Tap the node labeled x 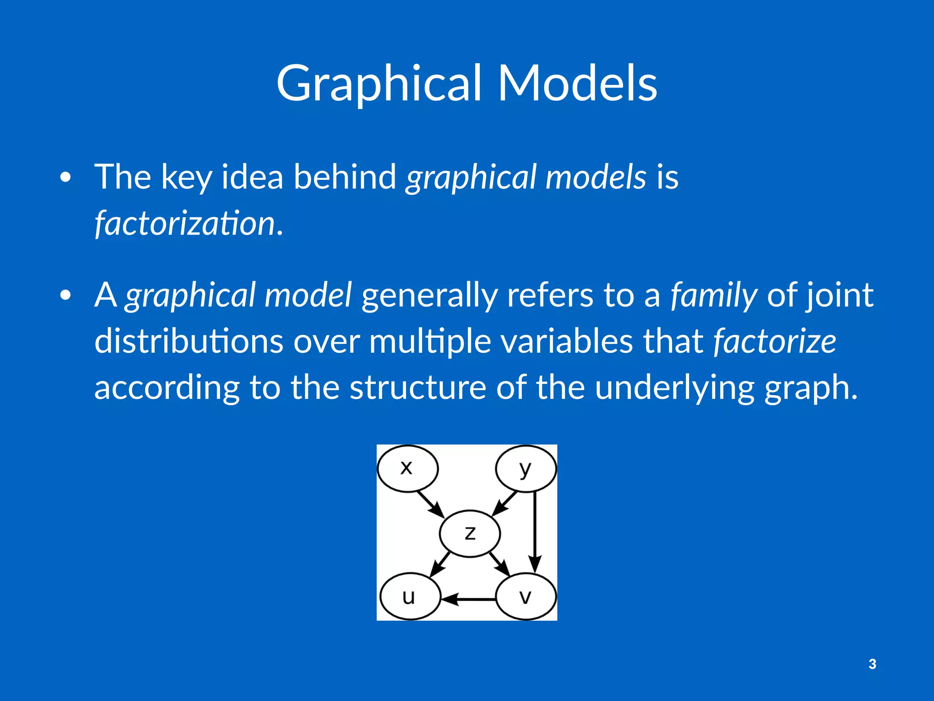click(x=407, y=468)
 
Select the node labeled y click(x=526, y=468)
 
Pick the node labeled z click(x=470, y=533)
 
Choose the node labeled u click(x=410, y=597)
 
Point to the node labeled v click(x=526, y=597)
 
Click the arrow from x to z click(x=430, y=503)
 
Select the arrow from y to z click(x=505, y=503)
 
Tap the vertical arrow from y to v click(x=535, y=529)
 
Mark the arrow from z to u click(x=440, y=564)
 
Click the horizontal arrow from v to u click(x=469, y=599)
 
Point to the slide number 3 click(x=872, y=664)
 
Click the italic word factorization click(x=185, y=224)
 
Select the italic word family click(x=714, y=296)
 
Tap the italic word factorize click(x=774, y=341)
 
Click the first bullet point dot click(x=66, y=177)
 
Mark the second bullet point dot click(x=66, y=295)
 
